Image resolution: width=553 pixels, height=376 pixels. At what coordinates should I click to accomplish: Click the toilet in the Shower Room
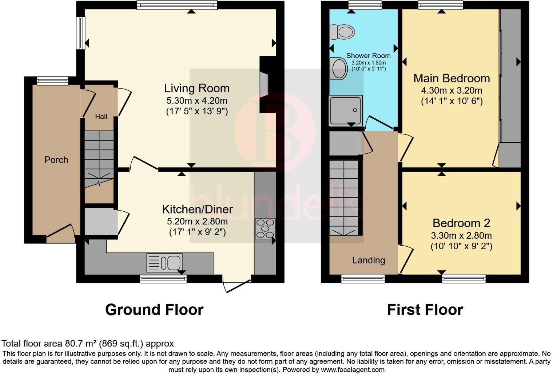[x=342, y=32]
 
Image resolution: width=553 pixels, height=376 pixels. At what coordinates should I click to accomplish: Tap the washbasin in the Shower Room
[x=339, y=68]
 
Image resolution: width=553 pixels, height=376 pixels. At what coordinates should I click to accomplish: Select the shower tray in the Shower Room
[x=346, y=110]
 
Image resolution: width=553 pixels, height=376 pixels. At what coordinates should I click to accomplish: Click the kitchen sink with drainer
[x=164, y=263]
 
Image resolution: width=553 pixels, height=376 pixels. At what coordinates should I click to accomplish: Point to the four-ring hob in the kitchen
[x=265, y=228]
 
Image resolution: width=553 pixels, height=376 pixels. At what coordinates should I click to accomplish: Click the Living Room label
[x=196, y=88]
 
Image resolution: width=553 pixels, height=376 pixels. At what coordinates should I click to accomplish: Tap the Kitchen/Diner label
[x=197, y=209]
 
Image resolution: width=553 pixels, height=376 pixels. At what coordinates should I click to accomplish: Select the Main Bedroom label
[x=451, y=78]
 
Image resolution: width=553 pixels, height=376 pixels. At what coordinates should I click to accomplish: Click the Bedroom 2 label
[x=461, y=223]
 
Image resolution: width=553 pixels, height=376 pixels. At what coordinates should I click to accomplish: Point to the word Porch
[x=56, y=160]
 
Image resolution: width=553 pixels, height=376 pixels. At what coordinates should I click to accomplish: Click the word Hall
[x=101, y=117]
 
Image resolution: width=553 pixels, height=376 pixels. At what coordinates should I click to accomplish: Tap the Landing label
[x=369, y=260]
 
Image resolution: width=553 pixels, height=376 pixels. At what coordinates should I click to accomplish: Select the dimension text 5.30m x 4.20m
[x=197, y=101]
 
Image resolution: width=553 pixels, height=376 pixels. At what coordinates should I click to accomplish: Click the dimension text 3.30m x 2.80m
[x=461, y=235]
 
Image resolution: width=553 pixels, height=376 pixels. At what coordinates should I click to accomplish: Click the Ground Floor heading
[x=154, y=310]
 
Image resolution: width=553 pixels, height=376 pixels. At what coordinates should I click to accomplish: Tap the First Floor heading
[x=425, y=310]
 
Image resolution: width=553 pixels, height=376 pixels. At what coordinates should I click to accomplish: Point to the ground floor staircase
[x=99, y=158]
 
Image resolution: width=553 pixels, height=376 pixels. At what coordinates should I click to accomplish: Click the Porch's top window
[x=53, y=81]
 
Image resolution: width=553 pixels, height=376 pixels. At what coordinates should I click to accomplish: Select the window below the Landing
[x=363, y=279]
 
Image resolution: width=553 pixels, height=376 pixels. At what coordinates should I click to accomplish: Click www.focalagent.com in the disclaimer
[x=352, y=370]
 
